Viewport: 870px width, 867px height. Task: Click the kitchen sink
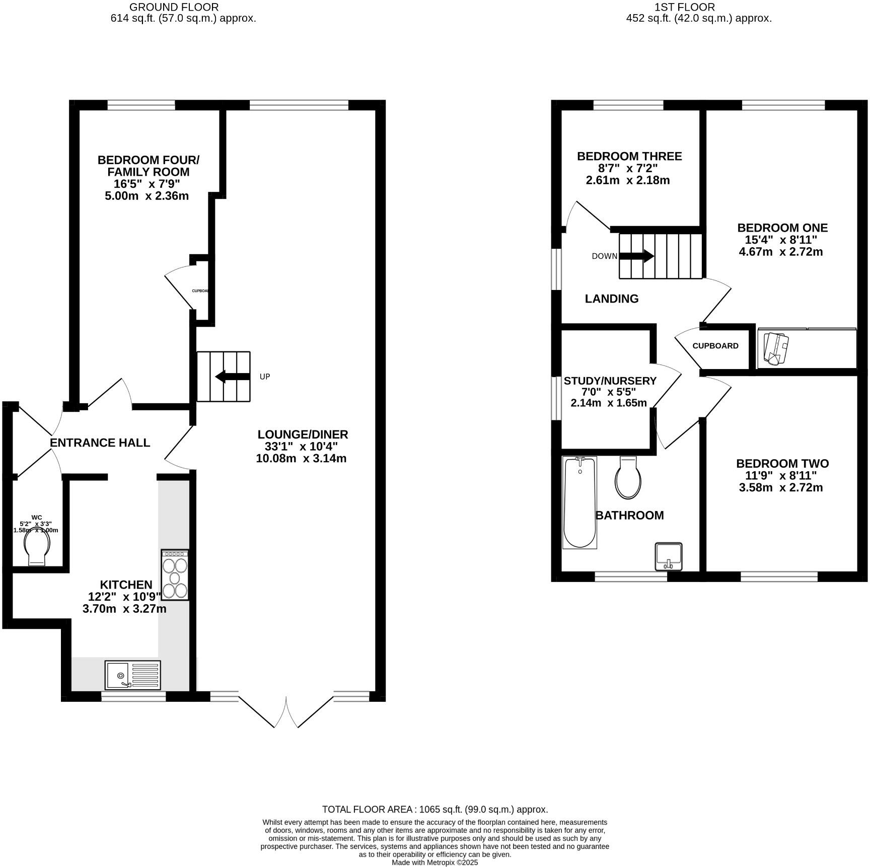132,675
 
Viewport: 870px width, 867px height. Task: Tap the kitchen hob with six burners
175,574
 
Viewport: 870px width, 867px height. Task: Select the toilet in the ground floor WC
38,549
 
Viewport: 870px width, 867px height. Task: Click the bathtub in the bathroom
579,502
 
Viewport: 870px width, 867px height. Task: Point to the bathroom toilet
628,478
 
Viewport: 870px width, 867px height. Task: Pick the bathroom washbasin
669,556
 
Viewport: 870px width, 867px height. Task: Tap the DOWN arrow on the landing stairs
636,256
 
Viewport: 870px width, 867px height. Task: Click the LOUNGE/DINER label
303,435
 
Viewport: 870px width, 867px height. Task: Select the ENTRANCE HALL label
100,443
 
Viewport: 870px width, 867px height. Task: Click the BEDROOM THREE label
629,156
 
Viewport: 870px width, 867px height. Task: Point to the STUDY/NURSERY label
610,381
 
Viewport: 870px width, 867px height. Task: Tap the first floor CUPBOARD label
715,346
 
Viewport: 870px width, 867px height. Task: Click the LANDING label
612,299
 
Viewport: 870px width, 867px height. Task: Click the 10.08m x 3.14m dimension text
301,459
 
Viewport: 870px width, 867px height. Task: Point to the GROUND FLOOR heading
174,7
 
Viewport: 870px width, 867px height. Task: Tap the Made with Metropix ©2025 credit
435,862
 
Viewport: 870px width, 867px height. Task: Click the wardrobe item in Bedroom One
775,348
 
